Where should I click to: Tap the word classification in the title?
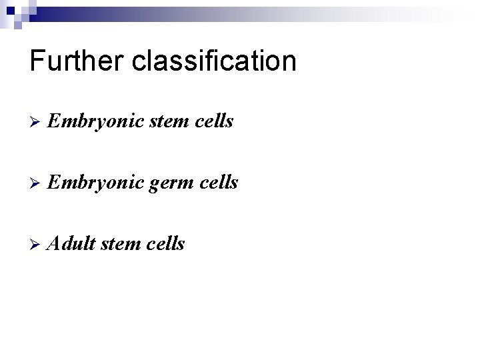[x=214, y=61]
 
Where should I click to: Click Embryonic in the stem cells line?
[x=95, y=122]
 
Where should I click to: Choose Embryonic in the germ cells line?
[x=95, y=183]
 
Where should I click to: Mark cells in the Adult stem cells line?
[x=167, y=244]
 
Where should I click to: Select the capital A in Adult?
[x=54, y=244]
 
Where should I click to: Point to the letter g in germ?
[x=154, y=185]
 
